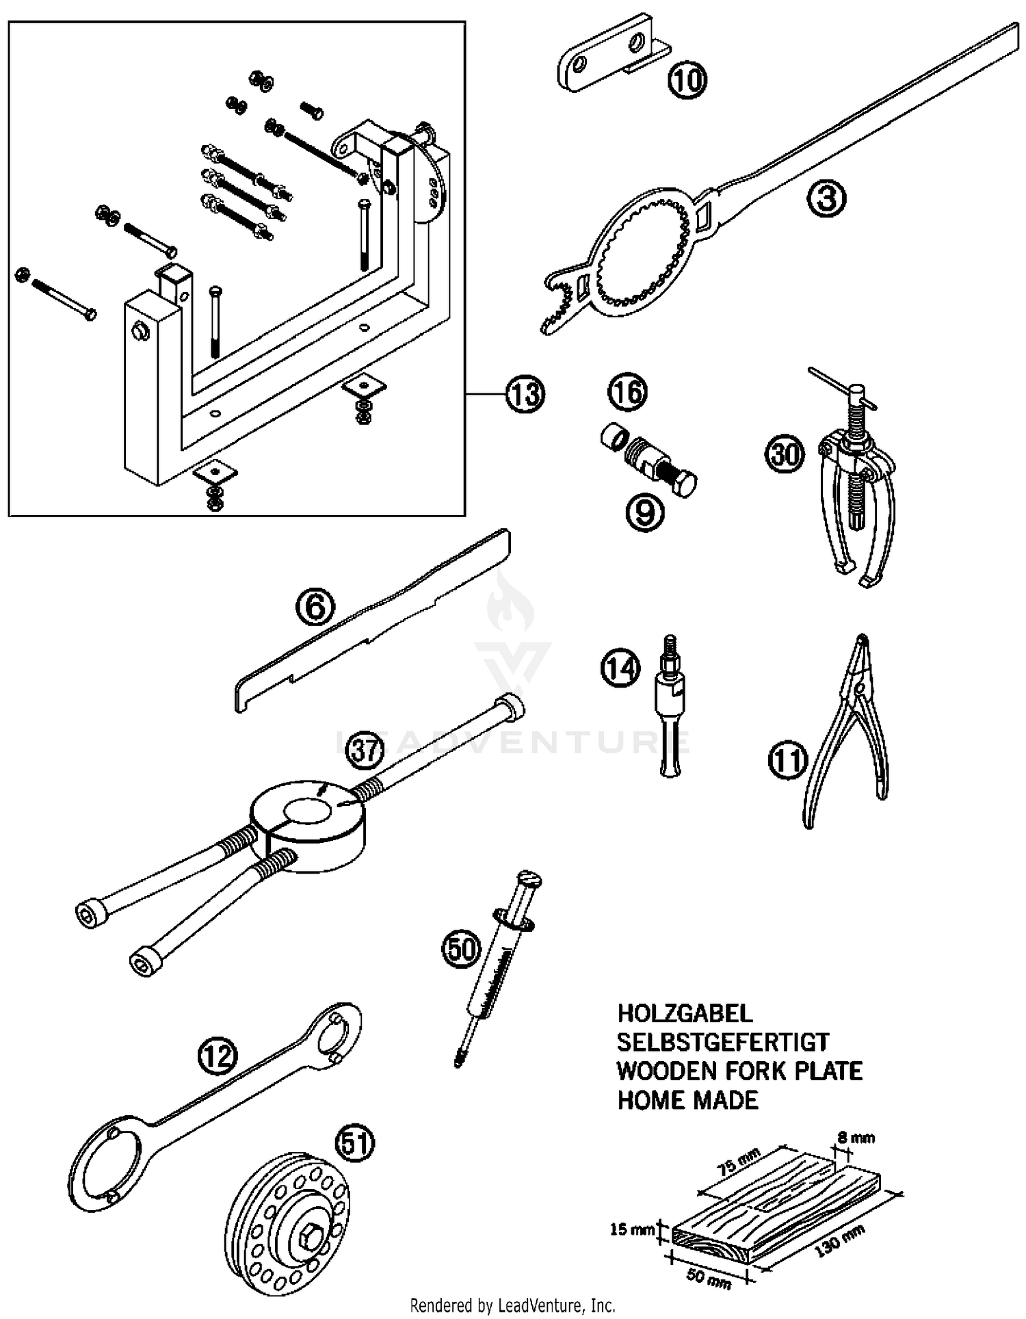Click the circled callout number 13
(x=525, y=395)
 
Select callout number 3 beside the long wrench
(x=826, y=198)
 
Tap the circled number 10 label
(x=687, y=81)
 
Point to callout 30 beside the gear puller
(x=785, y=454)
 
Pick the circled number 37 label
(x=364, y=751)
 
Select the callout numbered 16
(x=627, y=392)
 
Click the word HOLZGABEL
(x=685, y=1013)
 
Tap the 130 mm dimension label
(x=839, y=1240)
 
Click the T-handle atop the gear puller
(x=838, y=386)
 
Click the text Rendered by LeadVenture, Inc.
(x=512, y=1305)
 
